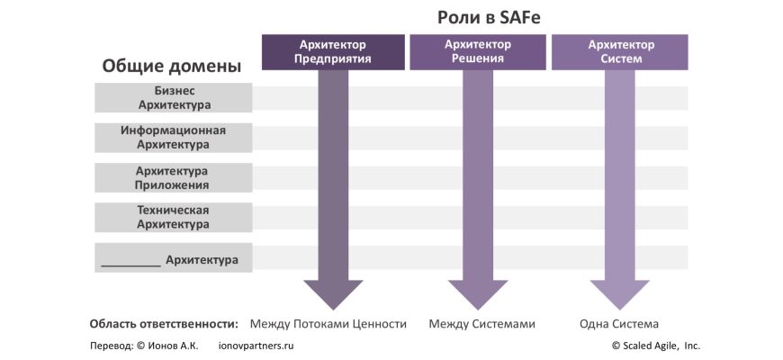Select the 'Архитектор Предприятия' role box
tap(333, 51)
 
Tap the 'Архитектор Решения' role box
tap(478, 51)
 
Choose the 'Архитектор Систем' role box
tap(620, 51)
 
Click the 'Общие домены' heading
tap(171, 66)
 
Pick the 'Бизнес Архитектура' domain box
tap(174, 97)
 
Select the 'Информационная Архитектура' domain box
tap(174, 137)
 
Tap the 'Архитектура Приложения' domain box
tap(174, 177)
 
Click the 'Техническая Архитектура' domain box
tap(174, 217)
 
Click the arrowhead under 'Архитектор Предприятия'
tap(333, 292)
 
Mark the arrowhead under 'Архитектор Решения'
tap(478, 292)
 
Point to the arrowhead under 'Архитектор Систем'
tap(620, 292)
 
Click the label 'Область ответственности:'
tap(164, 324)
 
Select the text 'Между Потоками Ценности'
tap(328, 324)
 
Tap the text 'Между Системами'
tap(481, 324)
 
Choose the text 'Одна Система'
tap(620, 324)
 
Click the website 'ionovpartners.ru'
tap(256, 346)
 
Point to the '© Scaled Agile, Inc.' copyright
tap(655, 346)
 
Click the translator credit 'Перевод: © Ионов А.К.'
tap(144, 346)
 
